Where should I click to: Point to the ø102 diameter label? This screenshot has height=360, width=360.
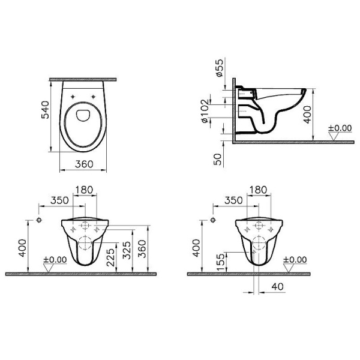pos(205,111)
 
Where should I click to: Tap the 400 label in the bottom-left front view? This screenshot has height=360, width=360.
pos(23,246)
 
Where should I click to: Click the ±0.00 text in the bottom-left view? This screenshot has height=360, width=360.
pos(55,260)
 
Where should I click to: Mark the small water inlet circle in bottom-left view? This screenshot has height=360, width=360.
pos(40,221)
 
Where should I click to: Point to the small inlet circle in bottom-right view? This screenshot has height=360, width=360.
pos(213,221)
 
